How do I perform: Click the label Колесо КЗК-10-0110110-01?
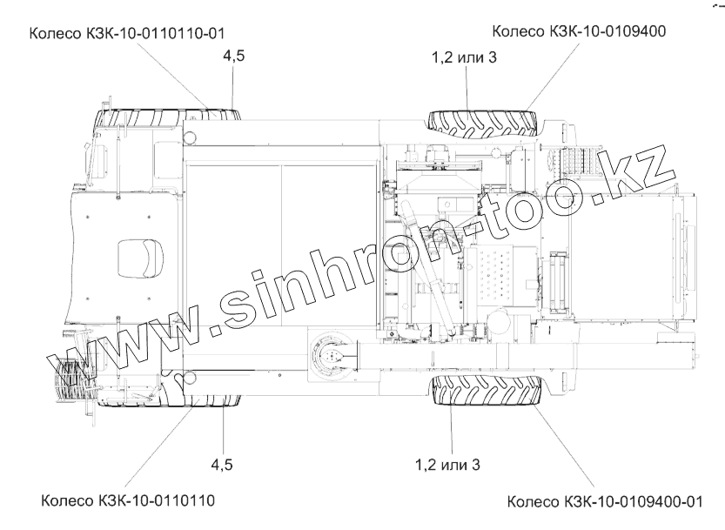click(x=127, y=34)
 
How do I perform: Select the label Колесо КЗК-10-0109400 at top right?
click(x=579, y=31)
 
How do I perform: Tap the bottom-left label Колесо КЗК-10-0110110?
click(x=128, y=500)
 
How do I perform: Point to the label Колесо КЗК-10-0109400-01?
click(x=605, y=502)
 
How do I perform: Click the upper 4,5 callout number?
click(x=234, y=56)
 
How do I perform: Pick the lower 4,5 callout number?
click(x=222, y=465)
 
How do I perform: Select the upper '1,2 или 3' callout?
click(x=464, y=57)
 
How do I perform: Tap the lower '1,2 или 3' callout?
click(x=447, y=465)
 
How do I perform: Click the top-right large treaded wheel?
click(x=483, y=124)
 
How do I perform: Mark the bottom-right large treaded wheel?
click(x=487, y=390)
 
